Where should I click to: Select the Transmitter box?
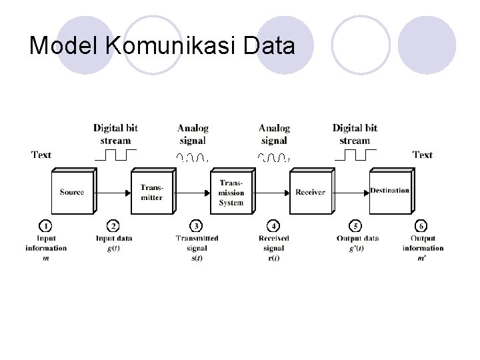[x=151, y=192]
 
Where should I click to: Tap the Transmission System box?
[x=231, y=192]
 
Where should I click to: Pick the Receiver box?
[x=310, y=192]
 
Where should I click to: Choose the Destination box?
[x=389, y=191]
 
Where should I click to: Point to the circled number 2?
[x=114, y=227]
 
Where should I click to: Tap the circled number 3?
[x=197, y=227]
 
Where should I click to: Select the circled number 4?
[x=273, y=227]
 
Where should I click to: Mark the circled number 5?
[x=357, y=227]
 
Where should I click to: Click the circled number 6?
[x=422, y=227]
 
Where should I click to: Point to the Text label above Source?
[x=41, y=155]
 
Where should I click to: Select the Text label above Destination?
[x=422, y=155]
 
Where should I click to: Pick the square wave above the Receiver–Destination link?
[x=355, y=156]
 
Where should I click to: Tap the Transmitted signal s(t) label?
[x=197, y=248]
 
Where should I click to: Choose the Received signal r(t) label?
[x=273, y=248]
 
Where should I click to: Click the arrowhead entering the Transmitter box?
[x=127, y=192]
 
